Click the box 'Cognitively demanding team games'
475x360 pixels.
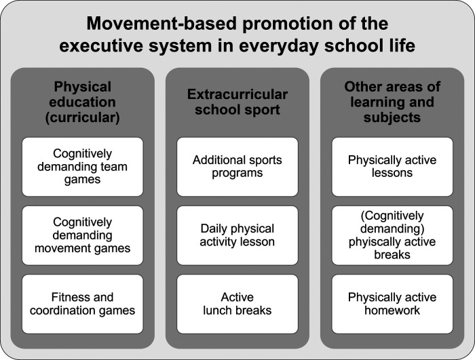82,167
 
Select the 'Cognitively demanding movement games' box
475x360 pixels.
82,235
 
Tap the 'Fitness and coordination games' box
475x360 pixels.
82,304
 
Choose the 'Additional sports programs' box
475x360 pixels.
237,167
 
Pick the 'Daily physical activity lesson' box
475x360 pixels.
237,235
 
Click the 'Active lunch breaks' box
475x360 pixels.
237,304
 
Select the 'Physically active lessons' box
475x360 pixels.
392,167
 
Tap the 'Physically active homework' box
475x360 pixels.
392,304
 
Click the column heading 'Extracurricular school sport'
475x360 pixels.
237,102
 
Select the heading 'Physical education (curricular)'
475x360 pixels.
82,102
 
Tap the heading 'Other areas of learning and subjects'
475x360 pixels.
392,102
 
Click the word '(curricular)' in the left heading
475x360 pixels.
82,118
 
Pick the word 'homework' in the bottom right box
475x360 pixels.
392,311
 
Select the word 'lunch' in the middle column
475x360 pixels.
218,311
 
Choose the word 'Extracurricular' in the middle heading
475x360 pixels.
237,94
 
